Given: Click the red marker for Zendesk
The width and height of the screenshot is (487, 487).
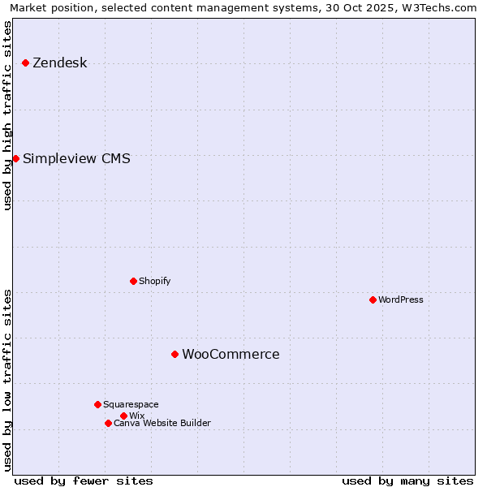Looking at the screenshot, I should [25, 62].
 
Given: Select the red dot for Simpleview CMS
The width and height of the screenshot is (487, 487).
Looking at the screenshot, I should [15, 158].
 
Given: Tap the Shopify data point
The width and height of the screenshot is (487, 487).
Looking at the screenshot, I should [133, 281].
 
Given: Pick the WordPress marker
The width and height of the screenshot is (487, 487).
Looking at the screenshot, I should [373, 300].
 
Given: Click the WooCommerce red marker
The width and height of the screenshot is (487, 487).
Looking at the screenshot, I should [175, 354].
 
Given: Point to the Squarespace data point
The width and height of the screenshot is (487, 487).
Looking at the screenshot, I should [97, 404].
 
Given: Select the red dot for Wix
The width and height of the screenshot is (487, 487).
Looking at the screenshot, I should [123, 416].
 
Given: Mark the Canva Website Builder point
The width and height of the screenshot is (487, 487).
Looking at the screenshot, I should [108, 423].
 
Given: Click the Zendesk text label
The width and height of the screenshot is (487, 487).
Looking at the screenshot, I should [59, 63].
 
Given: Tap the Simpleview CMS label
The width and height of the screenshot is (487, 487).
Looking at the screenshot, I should [76, 158].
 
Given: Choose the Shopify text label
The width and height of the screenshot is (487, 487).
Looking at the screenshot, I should [154, 281].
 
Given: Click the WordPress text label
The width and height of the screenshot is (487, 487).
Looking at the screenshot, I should [400, 300].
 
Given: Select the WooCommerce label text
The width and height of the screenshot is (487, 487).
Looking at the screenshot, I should [231, 355].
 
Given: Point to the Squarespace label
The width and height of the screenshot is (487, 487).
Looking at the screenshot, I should [131, 404].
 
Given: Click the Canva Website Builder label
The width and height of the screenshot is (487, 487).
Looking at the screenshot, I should [162, 423].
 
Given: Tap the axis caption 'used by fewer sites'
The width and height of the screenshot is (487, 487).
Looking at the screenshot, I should [84, 481].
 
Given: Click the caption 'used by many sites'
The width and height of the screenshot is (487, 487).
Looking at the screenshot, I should [407, 481].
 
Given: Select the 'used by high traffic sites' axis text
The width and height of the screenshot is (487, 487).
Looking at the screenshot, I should [8, 115].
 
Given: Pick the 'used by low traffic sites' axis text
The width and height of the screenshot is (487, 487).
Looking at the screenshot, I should [8, 379].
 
